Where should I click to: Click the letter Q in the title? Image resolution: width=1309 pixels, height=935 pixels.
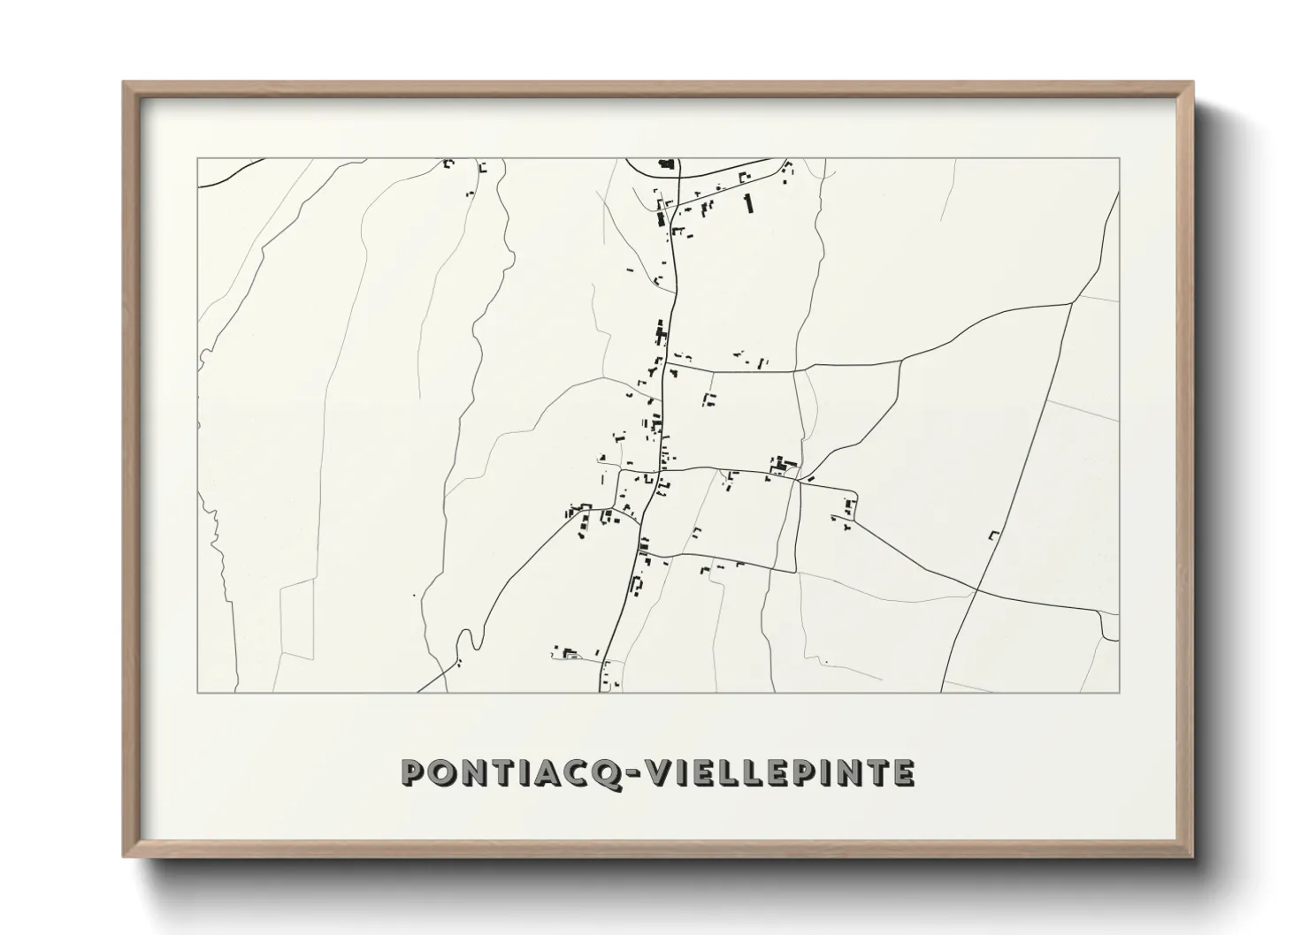tap(609, 772)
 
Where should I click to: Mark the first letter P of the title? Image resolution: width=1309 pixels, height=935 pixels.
tap(414, 772)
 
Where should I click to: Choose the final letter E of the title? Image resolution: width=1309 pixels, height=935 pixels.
tap(902, 772)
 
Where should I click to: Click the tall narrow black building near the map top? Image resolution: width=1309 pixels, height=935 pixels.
tap(748, 203)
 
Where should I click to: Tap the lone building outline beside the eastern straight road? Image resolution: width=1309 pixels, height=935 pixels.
tap(993, 535)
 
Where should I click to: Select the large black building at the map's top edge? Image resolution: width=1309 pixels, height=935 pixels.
tap(666, 163)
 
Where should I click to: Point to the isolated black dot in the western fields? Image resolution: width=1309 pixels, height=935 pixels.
tap(413, 596)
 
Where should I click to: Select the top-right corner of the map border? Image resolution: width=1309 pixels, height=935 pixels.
tap(1119, 158)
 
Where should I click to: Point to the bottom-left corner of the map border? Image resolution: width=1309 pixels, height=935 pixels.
tap(197, 692)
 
